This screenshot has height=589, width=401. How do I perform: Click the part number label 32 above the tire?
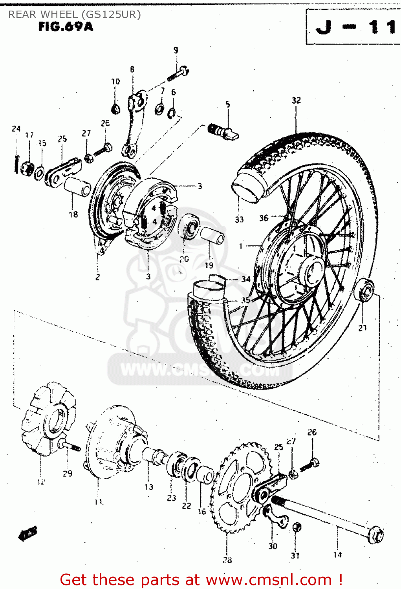pos(296,101)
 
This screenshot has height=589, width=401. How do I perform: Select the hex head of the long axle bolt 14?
pos(376,535)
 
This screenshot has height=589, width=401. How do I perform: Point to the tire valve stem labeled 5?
pos(224,132)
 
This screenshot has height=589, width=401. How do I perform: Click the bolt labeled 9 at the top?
pos(179,73)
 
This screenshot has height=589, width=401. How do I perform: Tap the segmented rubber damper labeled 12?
pos(48,420)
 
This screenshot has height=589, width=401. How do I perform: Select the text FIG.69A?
pos(66,27)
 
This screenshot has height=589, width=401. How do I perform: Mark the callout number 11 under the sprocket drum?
pos(98,502)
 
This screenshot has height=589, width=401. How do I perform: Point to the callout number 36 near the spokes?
pos(264,218)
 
